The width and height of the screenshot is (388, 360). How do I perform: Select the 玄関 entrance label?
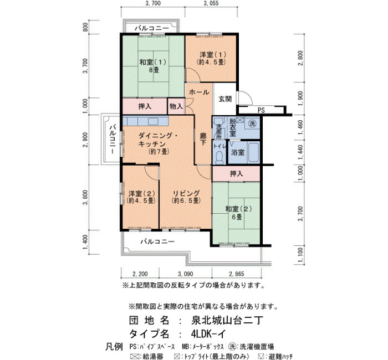[x=225, y=99]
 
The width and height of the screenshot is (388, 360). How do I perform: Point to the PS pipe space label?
[x=261, y=110]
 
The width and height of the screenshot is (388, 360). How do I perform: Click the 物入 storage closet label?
[x=176, y=106]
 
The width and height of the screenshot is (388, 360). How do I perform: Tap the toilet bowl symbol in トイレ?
[x=219, y=157]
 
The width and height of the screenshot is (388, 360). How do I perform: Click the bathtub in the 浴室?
[x=253, y=152]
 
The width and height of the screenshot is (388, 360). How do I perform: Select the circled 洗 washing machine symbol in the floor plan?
[x=252, y=124]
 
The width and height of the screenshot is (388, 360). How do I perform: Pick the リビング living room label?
[x=186, y=197]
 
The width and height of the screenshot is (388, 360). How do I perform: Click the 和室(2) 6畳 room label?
[x=238, y=213]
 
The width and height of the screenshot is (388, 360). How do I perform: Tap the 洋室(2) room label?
[x=141, y=197]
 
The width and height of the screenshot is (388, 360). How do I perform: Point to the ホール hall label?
[x=199, y=92]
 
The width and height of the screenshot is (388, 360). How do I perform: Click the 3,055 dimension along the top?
[x=211, y=3]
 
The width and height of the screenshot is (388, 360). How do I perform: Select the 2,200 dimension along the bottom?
[x=140, y=274]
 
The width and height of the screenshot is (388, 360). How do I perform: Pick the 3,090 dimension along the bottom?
[x=185, y=274]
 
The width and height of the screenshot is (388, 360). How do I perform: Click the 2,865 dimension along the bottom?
[x=237, y=274]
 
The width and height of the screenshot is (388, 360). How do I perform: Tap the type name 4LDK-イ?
[x=208, y=334]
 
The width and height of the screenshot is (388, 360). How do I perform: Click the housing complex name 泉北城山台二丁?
[x=227, y=321]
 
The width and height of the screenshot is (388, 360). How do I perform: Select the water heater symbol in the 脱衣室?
[x=240, y=120]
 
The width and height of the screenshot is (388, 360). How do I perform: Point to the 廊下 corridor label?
[x=203, y=139]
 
